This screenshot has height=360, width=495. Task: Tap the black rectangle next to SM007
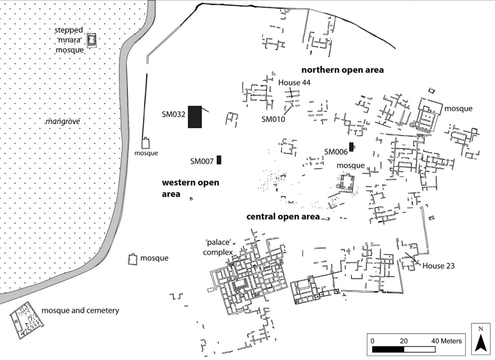tap(219, 160)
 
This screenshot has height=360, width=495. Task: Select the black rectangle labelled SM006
tap(351, 147)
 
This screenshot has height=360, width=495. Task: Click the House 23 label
tap(439, 266)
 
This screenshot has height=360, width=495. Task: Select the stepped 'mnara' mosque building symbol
tap(92, 40)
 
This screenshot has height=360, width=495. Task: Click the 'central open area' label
tap(283, 216)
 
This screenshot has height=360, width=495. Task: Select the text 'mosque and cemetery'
tap(80, 310)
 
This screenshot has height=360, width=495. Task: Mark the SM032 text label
tap(173, 114)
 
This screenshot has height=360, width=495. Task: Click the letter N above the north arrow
tap(480, 328)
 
